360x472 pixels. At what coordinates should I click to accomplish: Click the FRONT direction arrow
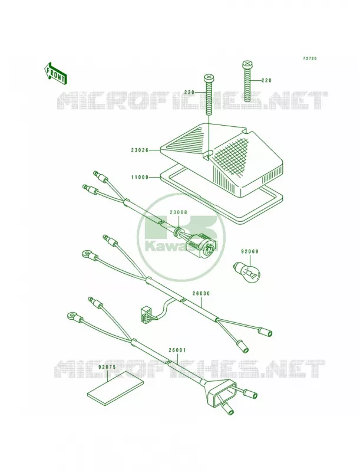55,73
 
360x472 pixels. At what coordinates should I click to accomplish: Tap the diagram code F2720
309,58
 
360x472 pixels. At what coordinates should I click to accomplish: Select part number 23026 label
140,150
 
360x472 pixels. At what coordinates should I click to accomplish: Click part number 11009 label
140,178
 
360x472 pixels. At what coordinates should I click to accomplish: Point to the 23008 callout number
178,212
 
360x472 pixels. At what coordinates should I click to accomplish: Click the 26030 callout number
201,293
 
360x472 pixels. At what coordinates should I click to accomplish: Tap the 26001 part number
177,350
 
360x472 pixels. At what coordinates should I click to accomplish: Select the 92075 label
107,367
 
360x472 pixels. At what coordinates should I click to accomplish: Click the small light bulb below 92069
247,272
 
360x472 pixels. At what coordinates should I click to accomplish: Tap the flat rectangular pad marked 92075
115,386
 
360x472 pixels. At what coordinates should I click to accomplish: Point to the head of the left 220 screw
208,78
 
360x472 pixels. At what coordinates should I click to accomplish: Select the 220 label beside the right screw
266,80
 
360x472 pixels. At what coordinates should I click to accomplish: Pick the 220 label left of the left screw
189,93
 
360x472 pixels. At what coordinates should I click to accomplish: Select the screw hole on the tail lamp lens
206,155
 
